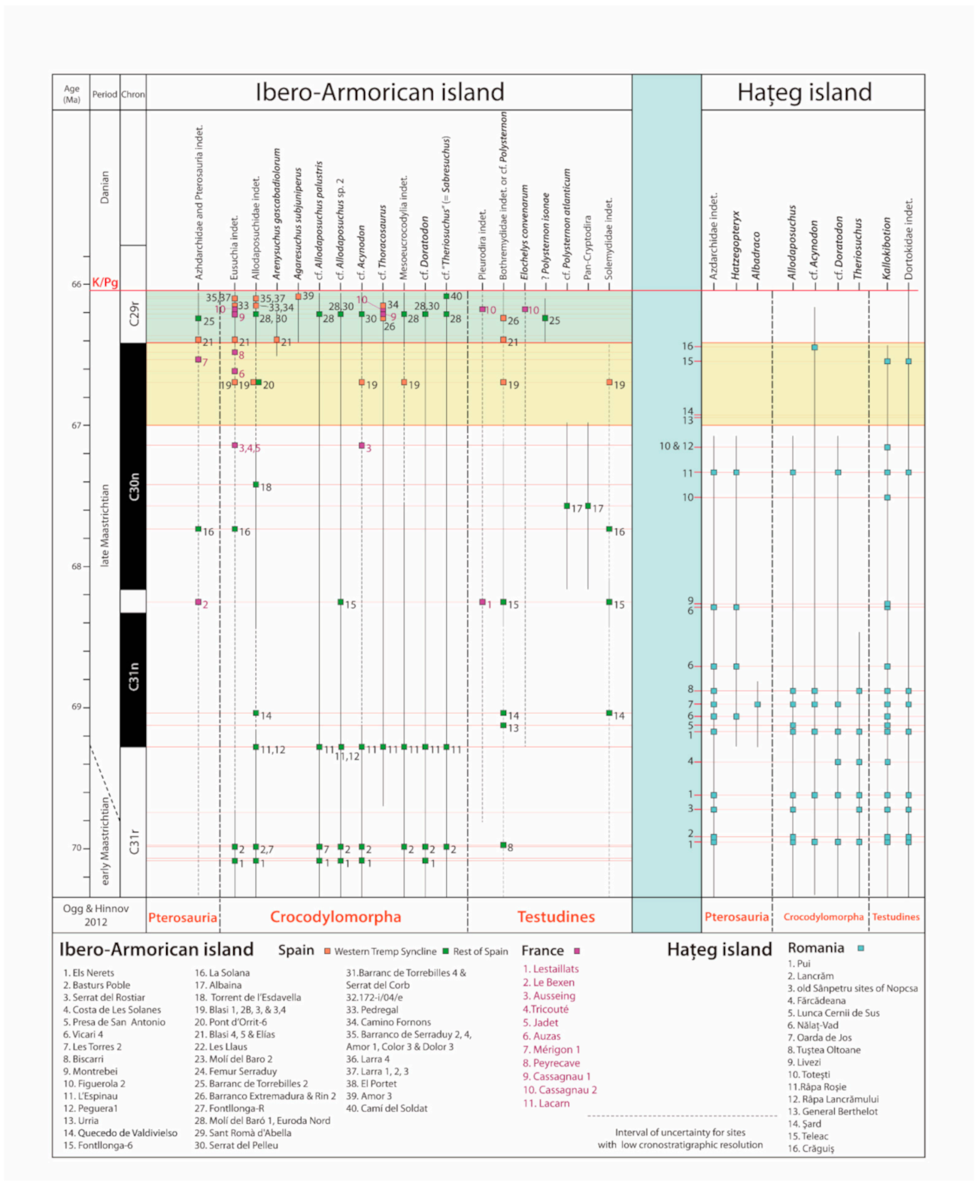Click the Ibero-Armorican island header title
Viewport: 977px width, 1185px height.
click(380, 92)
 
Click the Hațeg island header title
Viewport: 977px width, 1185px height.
click(804, 92)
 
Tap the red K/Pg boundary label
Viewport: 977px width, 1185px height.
click(105, 283)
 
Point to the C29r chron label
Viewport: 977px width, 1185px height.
click(134, 314)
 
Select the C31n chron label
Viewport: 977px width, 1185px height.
click(134, 676)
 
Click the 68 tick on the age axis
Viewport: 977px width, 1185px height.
click(76, 566)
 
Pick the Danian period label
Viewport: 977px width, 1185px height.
click(105, 187)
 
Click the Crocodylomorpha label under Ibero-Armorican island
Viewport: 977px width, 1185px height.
click(335, 917)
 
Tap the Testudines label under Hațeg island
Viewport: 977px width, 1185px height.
click(896, 917)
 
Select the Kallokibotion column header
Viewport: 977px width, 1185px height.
click(887, 249)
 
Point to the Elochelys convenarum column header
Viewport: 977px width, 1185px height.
click(524, 233)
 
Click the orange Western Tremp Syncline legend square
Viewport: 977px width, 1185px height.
click(327, 951)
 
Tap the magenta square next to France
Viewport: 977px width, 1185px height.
click(577, 951)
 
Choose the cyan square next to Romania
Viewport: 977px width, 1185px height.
click(860, 948)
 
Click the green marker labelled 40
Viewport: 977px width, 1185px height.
click(446, 296)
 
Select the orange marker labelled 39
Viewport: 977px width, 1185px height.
click(298, 297)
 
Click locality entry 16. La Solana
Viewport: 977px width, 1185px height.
click(222, 973)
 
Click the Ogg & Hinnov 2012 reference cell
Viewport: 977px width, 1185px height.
click(96, 915)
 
